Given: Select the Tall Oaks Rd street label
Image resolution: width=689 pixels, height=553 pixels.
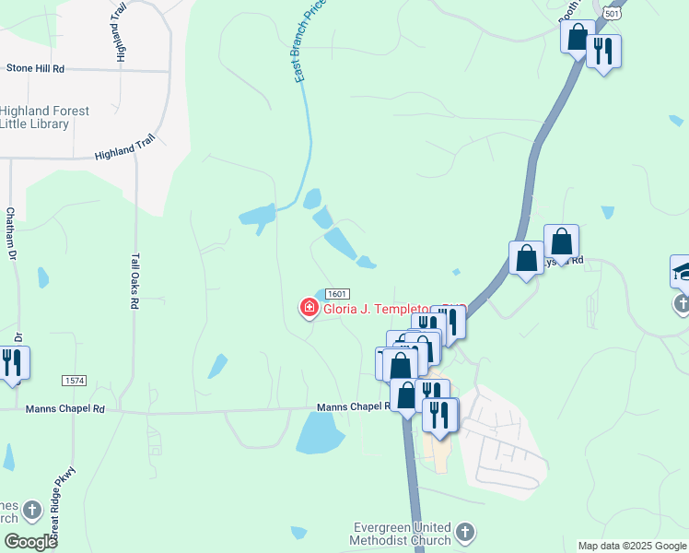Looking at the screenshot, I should (134, 281).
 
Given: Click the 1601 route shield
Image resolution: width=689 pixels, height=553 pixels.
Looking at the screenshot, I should (336, 292).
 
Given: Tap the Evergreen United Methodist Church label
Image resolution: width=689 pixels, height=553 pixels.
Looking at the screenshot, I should (403, 534).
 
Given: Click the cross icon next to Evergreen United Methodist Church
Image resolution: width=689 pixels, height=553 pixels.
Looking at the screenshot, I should (465, 532).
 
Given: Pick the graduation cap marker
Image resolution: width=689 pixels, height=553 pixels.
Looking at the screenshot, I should (683, 269).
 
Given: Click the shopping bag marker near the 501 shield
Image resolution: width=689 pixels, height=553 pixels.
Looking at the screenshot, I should (578, 37).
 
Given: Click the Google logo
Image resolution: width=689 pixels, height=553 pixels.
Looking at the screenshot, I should (29, 542).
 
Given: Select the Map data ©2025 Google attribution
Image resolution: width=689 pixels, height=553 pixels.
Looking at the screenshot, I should (632, 546).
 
